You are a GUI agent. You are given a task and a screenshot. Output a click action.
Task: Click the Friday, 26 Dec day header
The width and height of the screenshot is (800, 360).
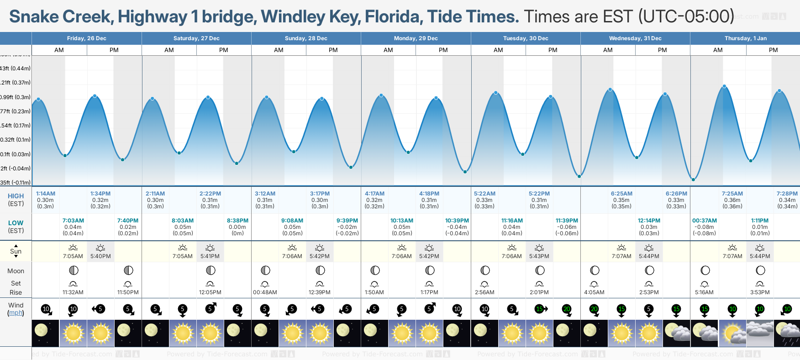click(x=86, y=38)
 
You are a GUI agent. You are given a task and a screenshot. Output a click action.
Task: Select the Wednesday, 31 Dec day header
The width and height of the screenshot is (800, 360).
click(x=635, y=38)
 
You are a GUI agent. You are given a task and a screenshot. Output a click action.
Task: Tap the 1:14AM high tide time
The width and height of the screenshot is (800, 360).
click(x=46, y=194)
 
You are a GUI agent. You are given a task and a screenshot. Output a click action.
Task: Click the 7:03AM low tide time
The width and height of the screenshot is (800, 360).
click(x=73, y=221)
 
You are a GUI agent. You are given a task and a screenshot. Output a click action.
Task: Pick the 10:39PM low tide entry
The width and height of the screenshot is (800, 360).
click(x=457, y=221)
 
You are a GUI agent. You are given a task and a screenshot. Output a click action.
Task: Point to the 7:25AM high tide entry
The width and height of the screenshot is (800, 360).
click(x=732, y=194)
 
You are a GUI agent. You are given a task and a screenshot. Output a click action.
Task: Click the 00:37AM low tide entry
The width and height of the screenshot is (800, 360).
click(x=704, y=221)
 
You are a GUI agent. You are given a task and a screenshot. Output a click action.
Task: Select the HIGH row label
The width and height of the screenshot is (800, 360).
click(x=16, y=196)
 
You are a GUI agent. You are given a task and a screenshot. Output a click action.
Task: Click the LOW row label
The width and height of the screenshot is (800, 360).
click(x=16, y=223)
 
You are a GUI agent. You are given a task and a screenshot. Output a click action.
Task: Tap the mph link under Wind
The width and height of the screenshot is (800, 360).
click(x=16, y=313)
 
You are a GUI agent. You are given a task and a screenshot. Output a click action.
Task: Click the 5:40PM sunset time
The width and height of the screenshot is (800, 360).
click(x=100, y=256)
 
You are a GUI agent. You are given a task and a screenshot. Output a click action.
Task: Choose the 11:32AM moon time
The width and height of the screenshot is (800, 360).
click(x=73, y=292)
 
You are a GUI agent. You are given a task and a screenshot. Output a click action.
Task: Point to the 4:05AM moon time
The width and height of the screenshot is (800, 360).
click(x=594, y=292)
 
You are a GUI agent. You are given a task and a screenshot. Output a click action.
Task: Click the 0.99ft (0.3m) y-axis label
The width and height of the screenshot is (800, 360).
click(x=15, y=97)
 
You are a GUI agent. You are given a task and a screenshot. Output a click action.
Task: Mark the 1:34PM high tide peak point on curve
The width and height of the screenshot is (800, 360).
click(x=95, y=96)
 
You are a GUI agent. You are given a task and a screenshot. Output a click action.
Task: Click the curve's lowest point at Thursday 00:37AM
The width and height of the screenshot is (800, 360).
click(x=693, y=180)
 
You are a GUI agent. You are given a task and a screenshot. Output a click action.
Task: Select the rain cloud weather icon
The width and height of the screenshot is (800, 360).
click(x=787, y=334)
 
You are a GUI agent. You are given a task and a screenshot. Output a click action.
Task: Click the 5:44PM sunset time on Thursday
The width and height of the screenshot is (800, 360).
click(x=760, y=256)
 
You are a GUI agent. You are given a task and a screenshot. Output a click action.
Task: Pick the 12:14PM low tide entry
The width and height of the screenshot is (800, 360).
click(x=649, y=221)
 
